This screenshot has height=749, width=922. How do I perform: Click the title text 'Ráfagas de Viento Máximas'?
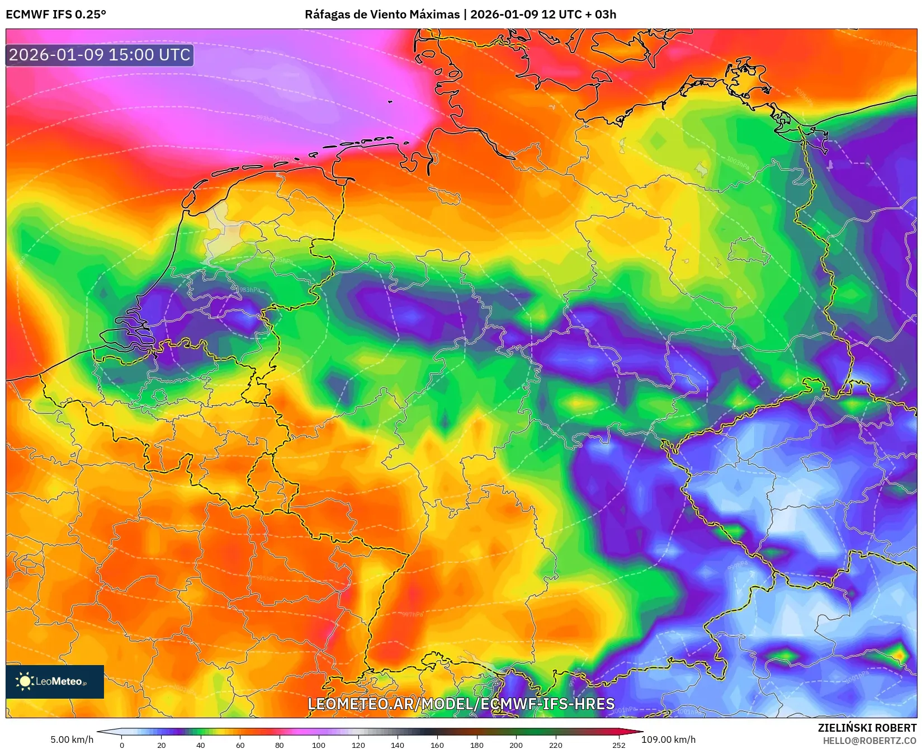(382, 15)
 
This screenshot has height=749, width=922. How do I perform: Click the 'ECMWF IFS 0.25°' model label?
(56, 15)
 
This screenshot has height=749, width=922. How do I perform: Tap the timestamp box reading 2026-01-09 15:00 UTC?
(100, 55)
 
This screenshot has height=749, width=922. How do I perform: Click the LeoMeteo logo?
(55, 681)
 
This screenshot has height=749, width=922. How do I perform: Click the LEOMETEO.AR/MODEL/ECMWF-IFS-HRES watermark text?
(461, 704)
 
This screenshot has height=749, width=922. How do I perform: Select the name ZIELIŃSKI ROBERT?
(867, 728)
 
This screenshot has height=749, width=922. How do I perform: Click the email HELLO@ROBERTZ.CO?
(869, 741)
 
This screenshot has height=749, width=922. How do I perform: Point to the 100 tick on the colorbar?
(319, 745)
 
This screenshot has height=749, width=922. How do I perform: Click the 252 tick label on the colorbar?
(618, 745)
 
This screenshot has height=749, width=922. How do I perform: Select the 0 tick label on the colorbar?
(122, 745)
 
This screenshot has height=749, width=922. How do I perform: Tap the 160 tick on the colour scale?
(437, 745)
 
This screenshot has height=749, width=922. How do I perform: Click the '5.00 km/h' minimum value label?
(72, 739)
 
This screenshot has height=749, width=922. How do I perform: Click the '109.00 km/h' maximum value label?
(668, 739)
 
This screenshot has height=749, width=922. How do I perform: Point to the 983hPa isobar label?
(249, 290)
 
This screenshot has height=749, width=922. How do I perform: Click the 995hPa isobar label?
(267, 578)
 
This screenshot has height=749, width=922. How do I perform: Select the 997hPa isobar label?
(413, 614)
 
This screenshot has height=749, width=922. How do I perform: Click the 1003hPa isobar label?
(738, 163)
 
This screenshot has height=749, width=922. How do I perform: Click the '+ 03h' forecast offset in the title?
(601, 15)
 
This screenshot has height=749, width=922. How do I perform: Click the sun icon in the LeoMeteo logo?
(25, 681)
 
